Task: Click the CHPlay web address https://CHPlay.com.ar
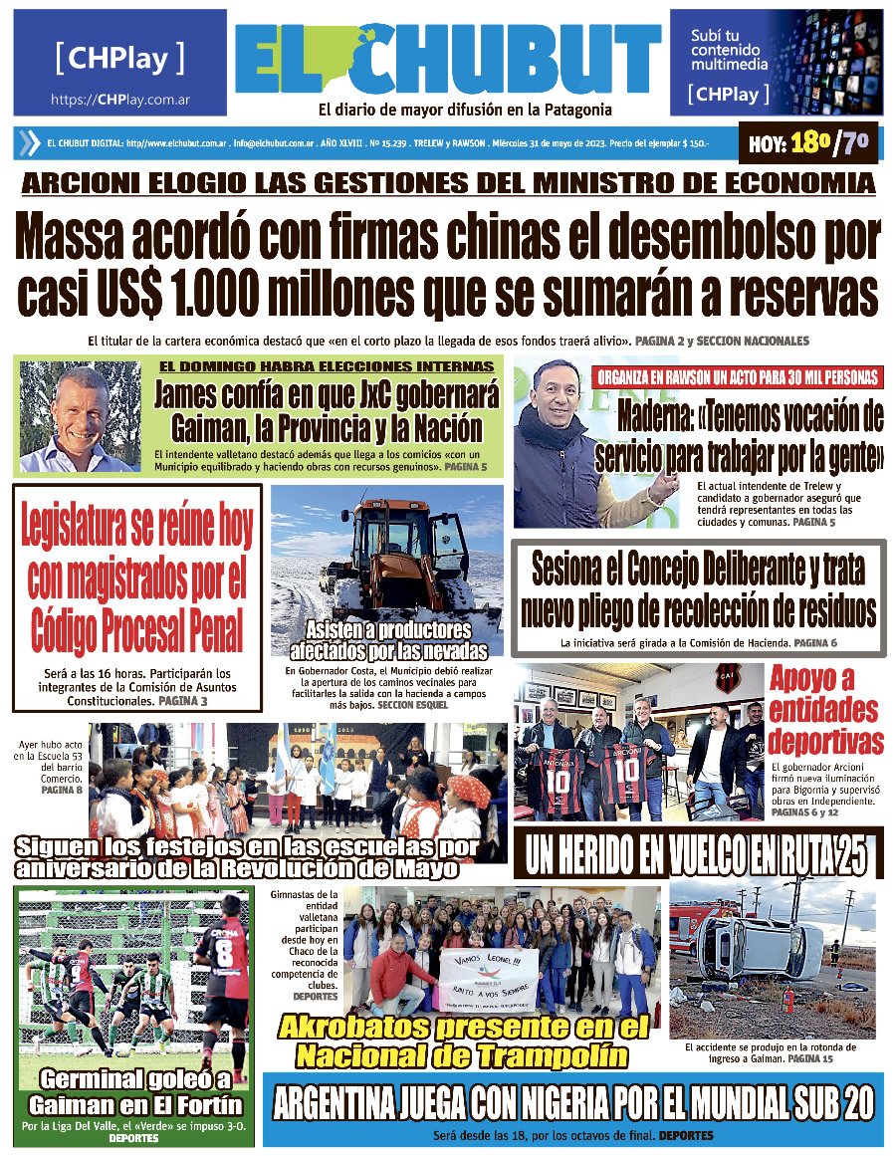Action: (120, 101)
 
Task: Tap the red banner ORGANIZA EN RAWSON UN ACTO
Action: (738, 377)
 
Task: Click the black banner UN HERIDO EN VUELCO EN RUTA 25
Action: (697, 856)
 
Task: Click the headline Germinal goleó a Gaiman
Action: (135, 1092)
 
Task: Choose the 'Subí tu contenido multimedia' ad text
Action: (731, 50)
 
